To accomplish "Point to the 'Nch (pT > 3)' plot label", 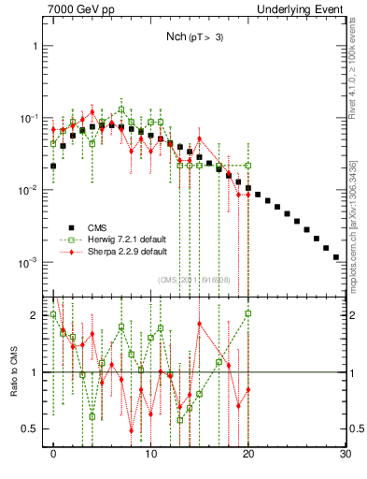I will (188, 36).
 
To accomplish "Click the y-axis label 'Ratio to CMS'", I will (12, 371).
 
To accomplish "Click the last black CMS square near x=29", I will (335, 255).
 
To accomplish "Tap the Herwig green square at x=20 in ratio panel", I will (248, 313).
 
